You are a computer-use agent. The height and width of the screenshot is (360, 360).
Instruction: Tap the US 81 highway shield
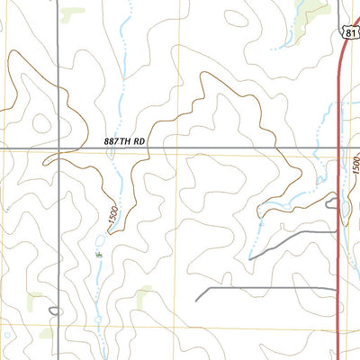point(352,30)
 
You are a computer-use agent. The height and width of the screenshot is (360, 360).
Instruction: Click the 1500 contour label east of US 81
point(355,165)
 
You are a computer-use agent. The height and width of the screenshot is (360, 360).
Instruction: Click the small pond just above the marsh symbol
point(100,240)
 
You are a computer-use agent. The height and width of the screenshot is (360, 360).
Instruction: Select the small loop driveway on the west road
point(55,312)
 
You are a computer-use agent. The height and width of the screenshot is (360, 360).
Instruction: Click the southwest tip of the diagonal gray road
point(251,258)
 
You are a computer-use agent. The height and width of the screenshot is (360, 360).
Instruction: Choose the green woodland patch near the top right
point(310,11)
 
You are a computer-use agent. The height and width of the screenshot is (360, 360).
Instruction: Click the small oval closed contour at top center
point(236,15)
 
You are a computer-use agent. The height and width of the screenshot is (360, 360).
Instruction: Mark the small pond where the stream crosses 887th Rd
point(111,154)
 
